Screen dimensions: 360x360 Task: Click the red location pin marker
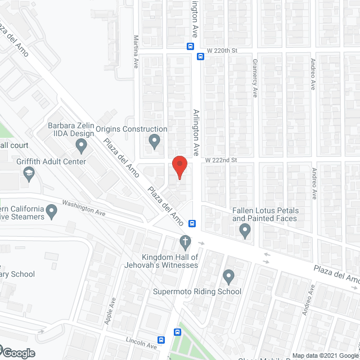coord(179,166)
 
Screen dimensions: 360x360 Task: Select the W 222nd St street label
coord(222,160)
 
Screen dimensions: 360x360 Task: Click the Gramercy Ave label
coord(254,78)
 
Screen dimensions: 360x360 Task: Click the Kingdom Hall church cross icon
coord(185,242)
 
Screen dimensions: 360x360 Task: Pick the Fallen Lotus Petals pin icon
coord(245,230)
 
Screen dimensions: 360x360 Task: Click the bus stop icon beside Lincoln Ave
coord(161,340)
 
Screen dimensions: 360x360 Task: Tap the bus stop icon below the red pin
coord(192,223)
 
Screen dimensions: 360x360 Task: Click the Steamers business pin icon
coord(52,211)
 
